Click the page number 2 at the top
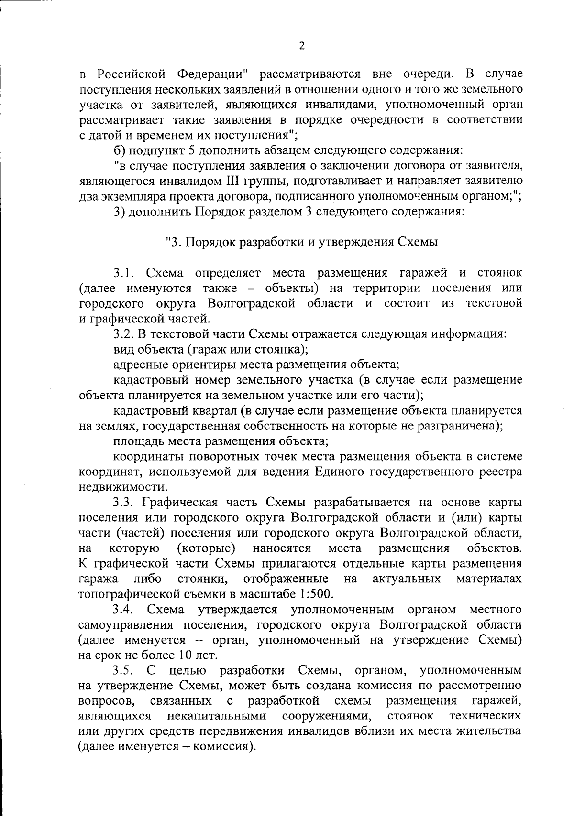[x=301, y=46]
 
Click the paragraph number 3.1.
[x=125, y=273]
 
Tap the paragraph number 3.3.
[x=125, y=503]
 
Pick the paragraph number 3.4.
[x=125, y=610]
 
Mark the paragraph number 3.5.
[x=125, y=670]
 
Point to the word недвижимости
[x=123, y=487]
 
